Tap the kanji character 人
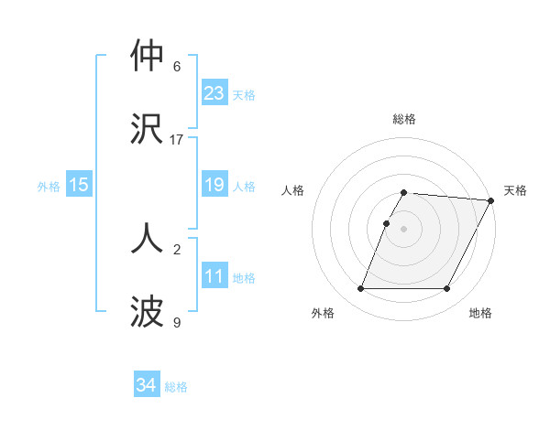click(x=148, y=237)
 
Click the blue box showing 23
click(x=214, y=93)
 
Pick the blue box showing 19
click(x=214, y=185)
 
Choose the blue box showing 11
click(x=214, y=276)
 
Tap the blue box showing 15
click(x=79, y=185)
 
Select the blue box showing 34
click(x=147, y=385)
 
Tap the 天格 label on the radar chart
click(x=515, y=190)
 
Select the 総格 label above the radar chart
click(x=403, y=119)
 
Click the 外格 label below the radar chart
click(x=323, y=313)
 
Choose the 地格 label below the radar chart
click(x=480, y=313)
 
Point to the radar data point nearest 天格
click(x=491, y=200)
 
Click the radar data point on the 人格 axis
click(x=386, y=223)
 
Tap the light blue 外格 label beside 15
click(x=49, y=187)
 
